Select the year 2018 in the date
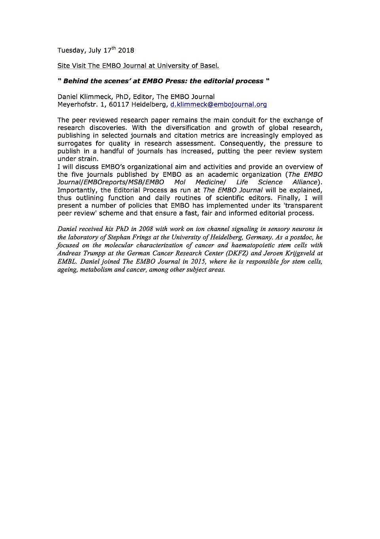coord(126,50)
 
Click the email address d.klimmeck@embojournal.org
coord(218,105)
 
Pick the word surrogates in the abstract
coord(74,143)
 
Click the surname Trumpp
coord(93,254)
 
